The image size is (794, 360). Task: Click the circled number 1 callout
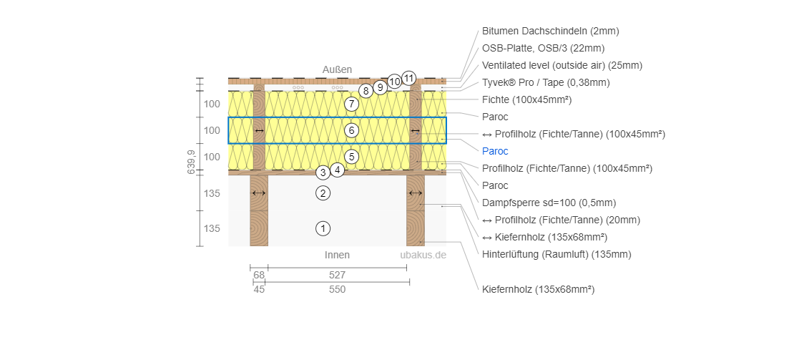(x=323, y=229)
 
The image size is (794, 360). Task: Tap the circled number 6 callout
(x=351, y=130)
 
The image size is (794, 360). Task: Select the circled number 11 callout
(x=409, y=78)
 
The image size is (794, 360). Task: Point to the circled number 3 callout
(x=323, y=172)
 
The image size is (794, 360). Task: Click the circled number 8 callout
(x=366, y=91)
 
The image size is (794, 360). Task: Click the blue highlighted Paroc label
(x=495, y=151)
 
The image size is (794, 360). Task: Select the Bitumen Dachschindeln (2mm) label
(x=550, y=31)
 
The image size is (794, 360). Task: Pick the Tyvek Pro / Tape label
(x=546, y=82)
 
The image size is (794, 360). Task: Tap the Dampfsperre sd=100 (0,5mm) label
(x=549, y=203)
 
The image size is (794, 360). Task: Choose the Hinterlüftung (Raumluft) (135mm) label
(x=557, y=254)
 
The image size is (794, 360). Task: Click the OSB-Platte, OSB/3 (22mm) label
(x=543, y=48)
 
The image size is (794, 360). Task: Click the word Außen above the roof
(x=337, y=69)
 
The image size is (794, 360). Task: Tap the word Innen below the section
(x=337, y=255)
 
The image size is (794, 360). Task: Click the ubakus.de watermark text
(x=423, y=255)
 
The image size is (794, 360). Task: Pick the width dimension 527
(x=337, y=275)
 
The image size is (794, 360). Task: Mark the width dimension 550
(x=337, y=290)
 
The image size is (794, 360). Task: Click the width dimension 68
(x=259, y=275)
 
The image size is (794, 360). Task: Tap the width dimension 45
(x=259, y=290)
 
